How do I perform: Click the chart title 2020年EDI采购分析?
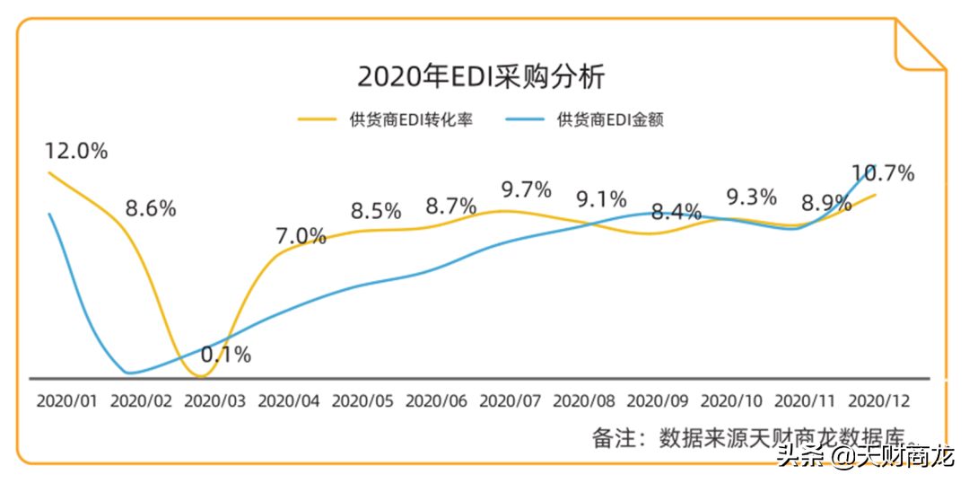coord(481,76)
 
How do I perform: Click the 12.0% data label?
coord(76,151)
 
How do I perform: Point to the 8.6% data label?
coord(151,209)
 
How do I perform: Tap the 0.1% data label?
coord(225,355)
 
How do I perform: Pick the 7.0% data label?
coord(300,237)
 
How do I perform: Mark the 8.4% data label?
coord(677,213)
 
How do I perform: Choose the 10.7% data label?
coord(883,173)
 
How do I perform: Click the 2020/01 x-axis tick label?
coord(66,400)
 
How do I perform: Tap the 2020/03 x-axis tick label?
coord(214,400)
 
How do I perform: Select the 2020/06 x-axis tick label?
coord(436,400)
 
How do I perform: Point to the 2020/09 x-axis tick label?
coord(658,400)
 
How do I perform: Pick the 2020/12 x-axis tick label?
coord(879,400)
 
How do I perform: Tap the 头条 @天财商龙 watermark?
coord(866,458)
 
